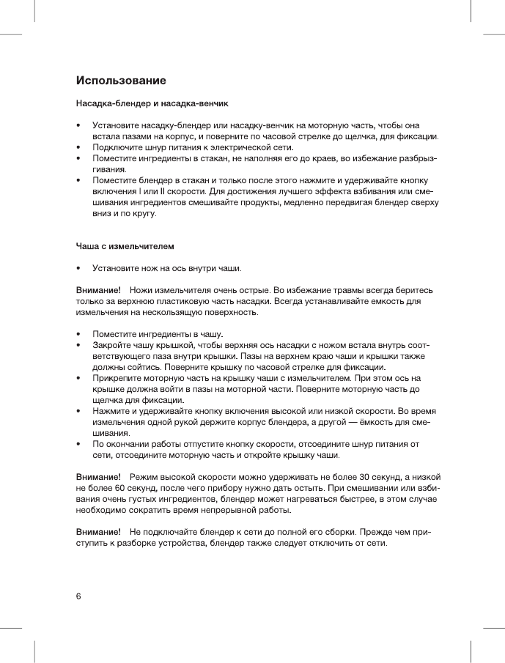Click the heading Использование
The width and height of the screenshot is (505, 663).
(x=122, y=79)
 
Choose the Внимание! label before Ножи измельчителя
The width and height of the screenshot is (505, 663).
(x=98, y=291)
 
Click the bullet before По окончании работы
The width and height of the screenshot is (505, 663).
(x=78, y=444)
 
